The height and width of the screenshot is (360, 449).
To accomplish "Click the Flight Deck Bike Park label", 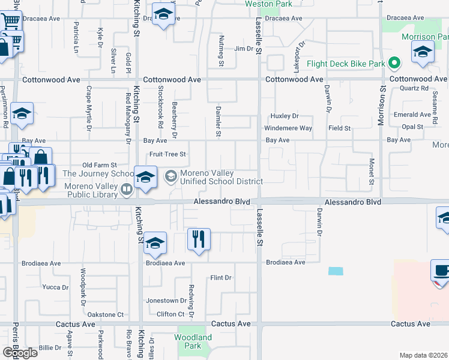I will tap(345, 64).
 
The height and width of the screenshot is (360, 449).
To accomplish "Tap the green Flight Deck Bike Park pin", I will tap(394, 62).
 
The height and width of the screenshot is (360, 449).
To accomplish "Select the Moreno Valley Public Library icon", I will tap(127, 190).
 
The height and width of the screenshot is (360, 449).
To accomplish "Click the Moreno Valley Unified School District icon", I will tap(171, 176).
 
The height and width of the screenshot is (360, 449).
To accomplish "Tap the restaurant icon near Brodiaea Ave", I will tap(198, 239).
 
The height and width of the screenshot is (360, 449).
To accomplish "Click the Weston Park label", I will tap(268, 4).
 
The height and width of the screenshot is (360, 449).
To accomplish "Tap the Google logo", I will tap(20, 352).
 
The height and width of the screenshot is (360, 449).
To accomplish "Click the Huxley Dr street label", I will tap(285, 116).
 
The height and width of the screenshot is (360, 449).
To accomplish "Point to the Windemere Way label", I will tap(289, 128).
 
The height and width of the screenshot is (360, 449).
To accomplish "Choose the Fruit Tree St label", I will tap(168, 154).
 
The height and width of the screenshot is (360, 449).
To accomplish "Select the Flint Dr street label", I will tap(221, 277).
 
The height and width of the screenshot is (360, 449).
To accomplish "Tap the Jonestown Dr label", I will tap(166, 301).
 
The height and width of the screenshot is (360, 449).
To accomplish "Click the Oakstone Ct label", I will tap(105, 314).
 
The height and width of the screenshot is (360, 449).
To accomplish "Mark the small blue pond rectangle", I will tap(336, 271).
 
